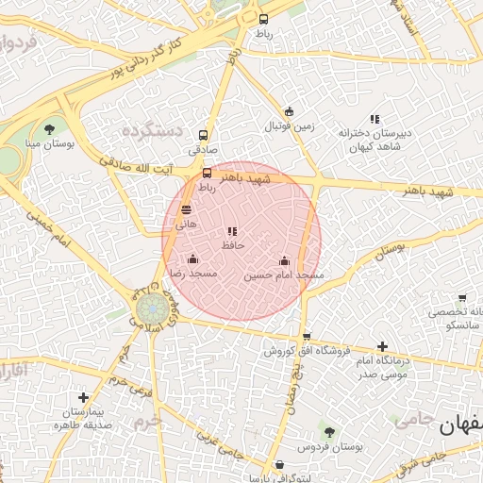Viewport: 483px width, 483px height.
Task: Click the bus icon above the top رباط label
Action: click(x=263, y=19)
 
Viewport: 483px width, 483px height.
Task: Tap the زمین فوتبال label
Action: click(x=287, y=125)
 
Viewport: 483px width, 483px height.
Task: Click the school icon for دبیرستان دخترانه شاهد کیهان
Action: click(x=375, y=120)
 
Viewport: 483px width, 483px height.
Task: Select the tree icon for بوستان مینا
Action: click(x=49, y=129)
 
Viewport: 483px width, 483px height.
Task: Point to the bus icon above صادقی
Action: click(x=203, y=136)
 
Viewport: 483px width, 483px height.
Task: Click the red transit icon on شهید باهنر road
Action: click(x=208, y=174)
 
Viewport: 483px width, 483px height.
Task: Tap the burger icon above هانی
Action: click(x=185, y=210)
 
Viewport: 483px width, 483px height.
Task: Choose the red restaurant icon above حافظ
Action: click(x=232, y=231)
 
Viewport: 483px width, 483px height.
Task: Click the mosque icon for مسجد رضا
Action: click(x=193, y=259)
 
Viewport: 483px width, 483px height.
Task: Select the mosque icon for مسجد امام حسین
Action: click(x=284, y=261)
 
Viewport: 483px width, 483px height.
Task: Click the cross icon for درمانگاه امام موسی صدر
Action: click(x=382, y=347)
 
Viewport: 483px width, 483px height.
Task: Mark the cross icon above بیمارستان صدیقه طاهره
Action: click(x=84, y=398)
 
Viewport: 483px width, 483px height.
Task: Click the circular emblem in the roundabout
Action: click(x=149, y=308)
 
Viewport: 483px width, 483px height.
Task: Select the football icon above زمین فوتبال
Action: click(x=289, y=111)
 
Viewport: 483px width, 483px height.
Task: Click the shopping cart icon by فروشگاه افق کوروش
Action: click(x=306, y=336)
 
